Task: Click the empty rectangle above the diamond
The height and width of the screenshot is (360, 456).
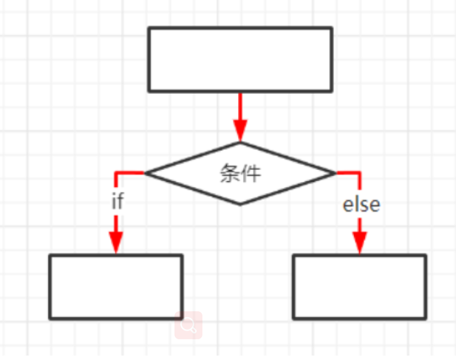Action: pyautogui.click(x=240, y=59)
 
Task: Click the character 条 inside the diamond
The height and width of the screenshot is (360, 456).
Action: pyautogui.click(x=230, y=173)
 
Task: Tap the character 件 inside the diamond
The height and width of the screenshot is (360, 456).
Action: pyautogui.click(x=251, y=173)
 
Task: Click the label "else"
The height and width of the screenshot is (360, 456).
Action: pyautogui.click(x=361, y=204)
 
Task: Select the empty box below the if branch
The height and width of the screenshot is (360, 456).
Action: pyautogui.click(x=116, y=287)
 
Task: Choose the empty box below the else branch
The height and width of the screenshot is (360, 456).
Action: pyautogui.click(x=359, y=287)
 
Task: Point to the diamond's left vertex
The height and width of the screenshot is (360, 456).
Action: pyautogui.click(x=146, y=173)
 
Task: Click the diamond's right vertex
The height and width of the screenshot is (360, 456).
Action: pyautogui.click(x=336, y=173)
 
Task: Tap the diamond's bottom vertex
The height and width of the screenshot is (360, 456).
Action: pyautogui.click(x=240, y=204)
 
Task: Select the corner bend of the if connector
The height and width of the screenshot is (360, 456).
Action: pyautogui.click(x=116, y=173)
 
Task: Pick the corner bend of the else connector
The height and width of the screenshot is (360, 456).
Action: pyautogui.click(x=360, y=173)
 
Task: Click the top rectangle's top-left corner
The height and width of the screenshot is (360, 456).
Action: pyautogui.click(x=149, y=28)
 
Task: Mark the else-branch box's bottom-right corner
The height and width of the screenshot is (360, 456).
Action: pyautogui.click(x=425, y=319)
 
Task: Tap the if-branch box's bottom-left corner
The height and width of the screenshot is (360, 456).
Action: pyautogui.click(x=50, y=319)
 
